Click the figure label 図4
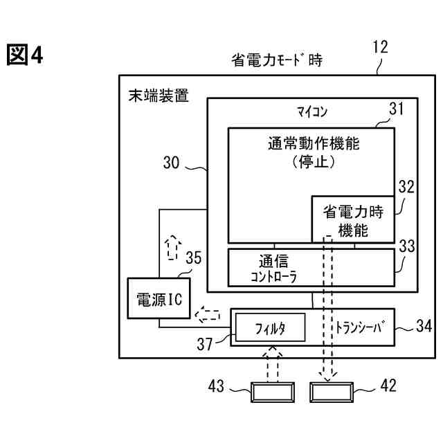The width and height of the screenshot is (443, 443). [25, 55]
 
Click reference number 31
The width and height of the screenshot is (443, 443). [396, 109]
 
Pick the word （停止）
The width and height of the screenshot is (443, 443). [314, 163]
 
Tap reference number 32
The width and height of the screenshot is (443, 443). [406, 187]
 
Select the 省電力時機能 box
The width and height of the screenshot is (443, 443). [353, 219]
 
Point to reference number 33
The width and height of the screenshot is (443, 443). [407, 246]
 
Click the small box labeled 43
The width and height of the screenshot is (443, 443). [271, 392]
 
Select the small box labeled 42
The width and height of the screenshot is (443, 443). [331, 392]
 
